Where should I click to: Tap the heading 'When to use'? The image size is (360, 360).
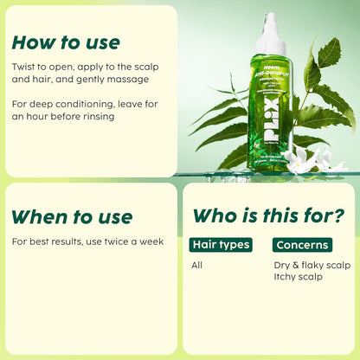(x=73, y=216)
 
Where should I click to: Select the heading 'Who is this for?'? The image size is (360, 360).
(x=268, y=215)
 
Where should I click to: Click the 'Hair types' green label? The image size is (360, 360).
(x=221, y=245)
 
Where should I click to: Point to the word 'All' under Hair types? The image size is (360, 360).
(x=197, y=265)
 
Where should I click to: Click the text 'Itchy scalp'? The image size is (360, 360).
(x=298, y=277)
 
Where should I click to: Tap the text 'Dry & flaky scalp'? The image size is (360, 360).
(x=312, y=265)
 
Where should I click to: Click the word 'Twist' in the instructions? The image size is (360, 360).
(x=26, y=66)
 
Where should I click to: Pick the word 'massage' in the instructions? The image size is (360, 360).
(x=127, y=79)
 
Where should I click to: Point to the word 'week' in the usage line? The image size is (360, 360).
(x=151, y=241)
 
